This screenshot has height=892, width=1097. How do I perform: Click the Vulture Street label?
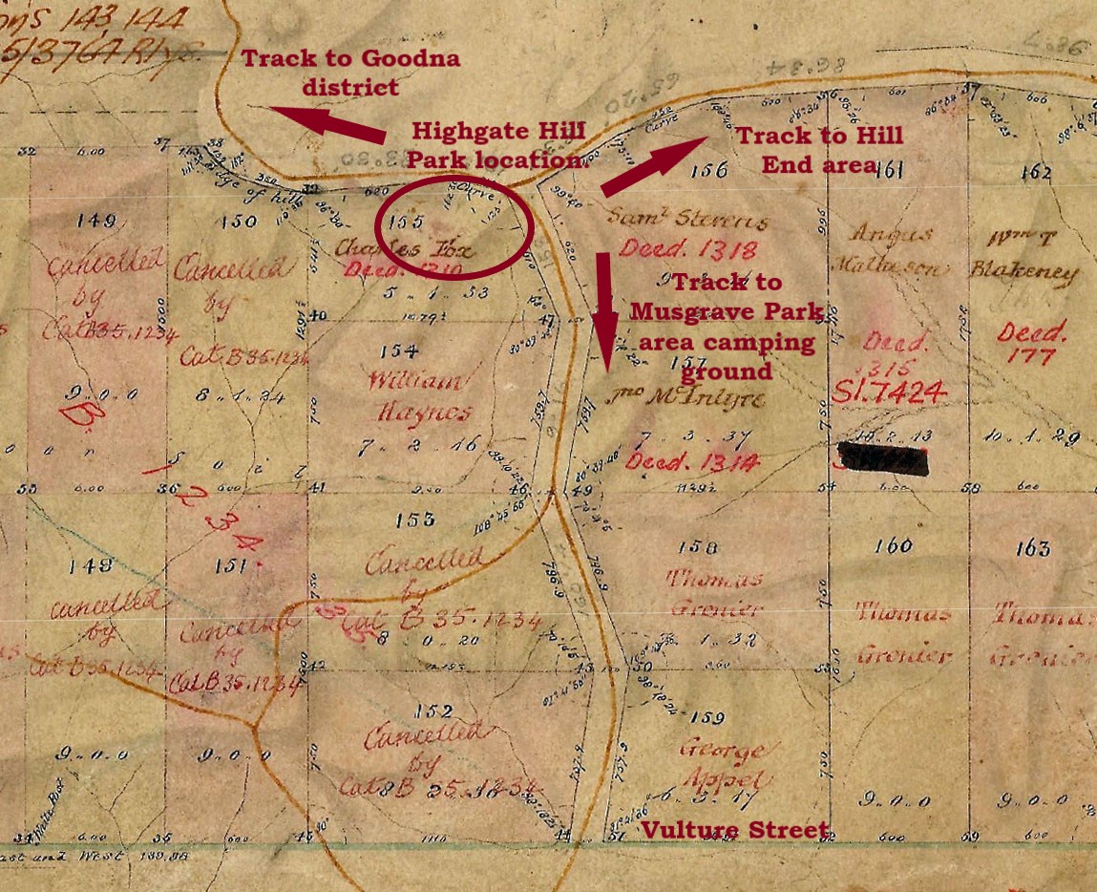pos(733,830)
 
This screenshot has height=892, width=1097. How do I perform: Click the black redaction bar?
pos(883,458)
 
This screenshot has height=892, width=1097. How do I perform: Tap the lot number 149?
pos(97,221)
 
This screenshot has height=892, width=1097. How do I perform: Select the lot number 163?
pos(1033,548)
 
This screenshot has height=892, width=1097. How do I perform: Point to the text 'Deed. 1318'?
pos(688,249)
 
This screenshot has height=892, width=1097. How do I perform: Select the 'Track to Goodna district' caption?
pos(350,73)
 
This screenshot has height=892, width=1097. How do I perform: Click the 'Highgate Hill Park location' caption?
pos(496,144)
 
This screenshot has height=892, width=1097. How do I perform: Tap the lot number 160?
pos(893,546)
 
